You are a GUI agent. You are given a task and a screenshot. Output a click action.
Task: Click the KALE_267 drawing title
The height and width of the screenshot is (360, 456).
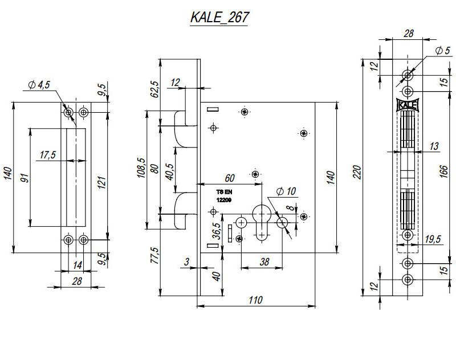(219, 18)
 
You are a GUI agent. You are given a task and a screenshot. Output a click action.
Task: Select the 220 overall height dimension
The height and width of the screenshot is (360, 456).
(357, 172)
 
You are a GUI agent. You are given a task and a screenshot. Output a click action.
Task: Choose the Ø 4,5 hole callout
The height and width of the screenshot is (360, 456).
(39, 85)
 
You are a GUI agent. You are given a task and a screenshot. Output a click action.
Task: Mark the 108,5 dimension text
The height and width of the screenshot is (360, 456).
(141, 169)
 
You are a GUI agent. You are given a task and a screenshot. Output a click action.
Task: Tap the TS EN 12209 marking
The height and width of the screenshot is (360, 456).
(224, 197)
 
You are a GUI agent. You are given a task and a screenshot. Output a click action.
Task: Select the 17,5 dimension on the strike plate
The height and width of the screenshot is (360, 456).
(48, 155)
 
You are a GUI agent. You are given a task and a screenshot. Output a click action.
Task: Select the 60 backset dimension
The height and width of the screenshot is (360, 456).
(230, 178)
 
